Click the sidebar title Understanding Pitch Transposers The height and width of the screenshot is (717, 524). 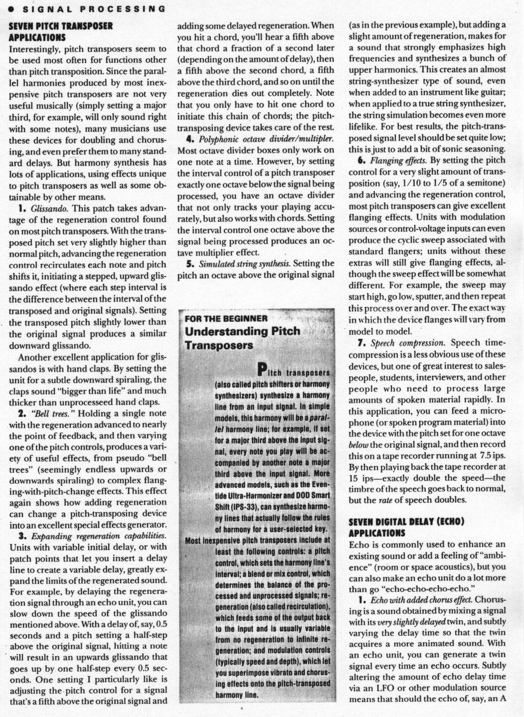click(x=242, y=338)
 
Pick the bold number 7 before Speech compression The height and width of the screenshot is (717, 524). click(x=360, y=343)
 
